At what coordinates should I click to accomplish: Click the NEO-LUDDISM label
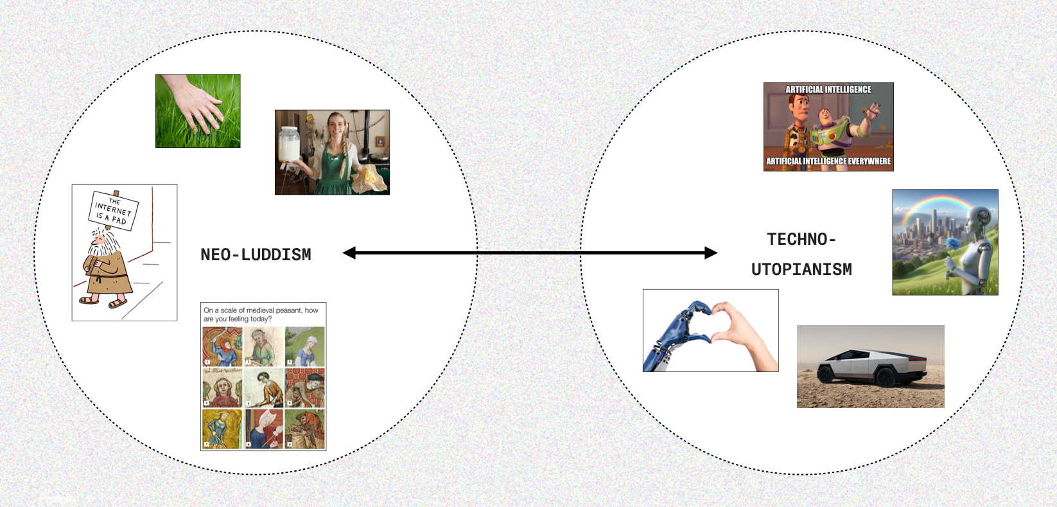[256, 254]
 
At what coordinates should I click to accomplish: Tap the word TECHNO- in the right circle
[801, 240]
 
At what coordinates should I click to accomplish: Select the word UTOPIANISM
[801, 269]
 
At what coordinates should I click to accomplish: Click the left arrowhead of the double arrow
[349, 253]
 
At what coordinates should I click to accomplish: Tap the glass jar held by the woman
[291, 150]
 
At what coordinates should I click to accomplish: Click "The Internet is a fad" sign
[114, 211]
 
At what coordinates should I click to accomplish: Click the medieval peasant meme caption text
[261, 314]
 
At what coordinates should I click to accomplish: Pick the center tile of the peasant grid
[263, 387]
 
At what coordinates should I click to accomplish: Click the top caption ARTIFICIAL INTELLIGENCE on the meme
[828, 89]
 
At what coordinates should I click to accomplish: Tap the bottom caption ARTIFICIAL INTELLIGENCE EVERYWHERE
[828, 161]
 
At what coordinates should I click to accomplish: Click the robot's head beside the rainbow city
[981, 219]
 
